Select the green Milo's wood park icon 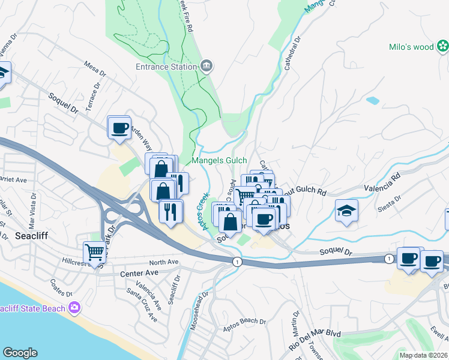click(x=442, y=45)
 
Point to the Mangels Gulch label click(x=219, y=160)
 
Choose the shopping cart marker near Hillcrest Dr click(x=95, y=252)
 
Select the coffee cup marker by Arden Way click(x=119, y=127)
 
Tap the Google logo click(x=20, y=352)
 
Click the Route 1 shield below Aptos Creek click(x=237, y=261)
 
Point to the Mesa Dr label click(x=94, y=68)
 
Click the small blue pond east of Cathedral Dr click(x=372, y=100)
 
